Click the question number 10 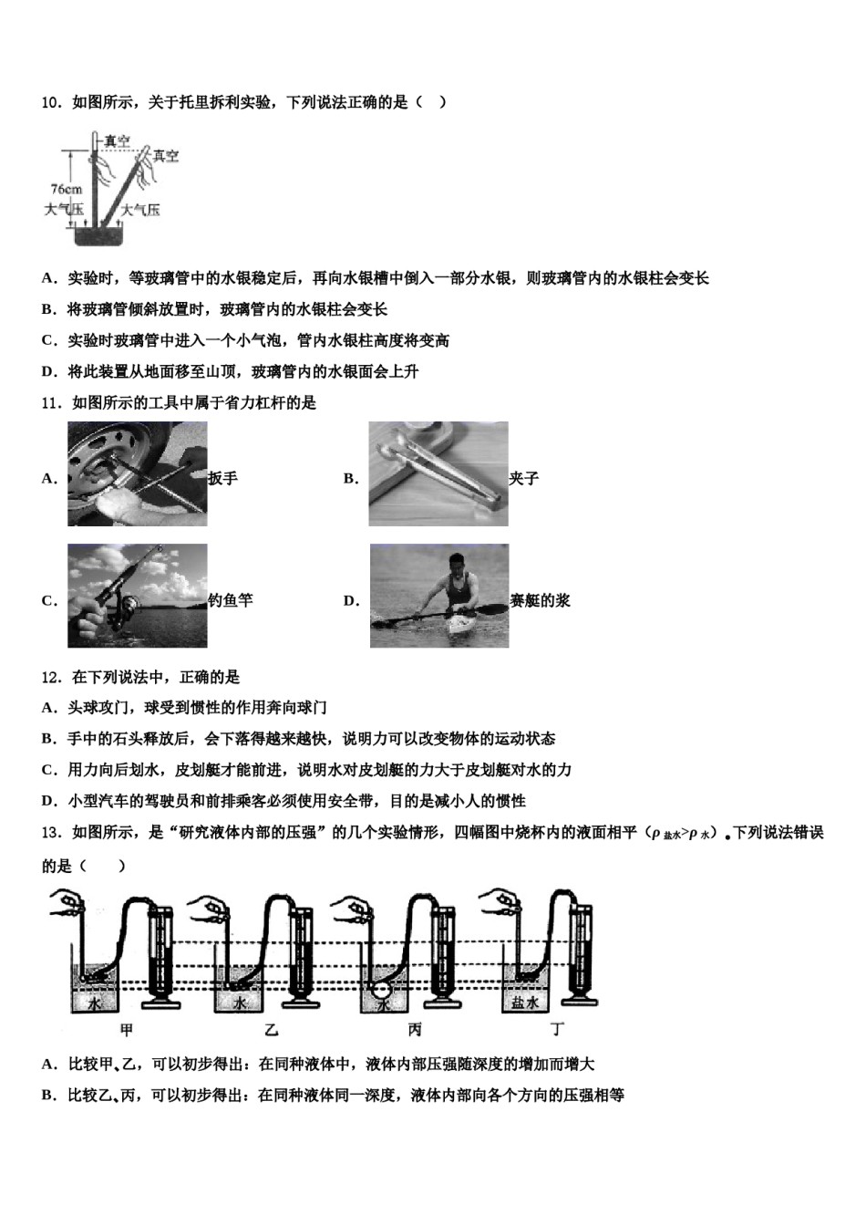pyautogui.click(x=51, y=102)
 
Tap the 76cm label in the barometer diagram pyautogui.click(x=66, y=190)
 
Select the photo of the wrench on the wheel pyautogui.click(x=137, y=474)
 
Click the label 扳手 pyautogui.click(x=223, y=478)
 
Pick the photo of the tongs pyautogui.click(x=438, y=473)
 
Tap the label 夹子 pyautogui.click(x=524, y=478)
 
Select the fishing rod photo pyautogui.click(x=137, y=596)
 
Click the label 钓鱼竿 pyautogui.click(x=231, y=600)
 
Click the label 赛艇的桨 pyautogui.click(x=540, y=600)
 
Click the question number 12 pyautogui.click(x=51, y=677)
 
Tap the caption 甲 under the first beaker pyautogui.click(x=128, y=1030)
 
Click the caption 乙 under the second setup pyautogui.click(x=271, y=1030)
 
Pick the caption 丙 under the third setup pyautogui.click(x=415, y=1030)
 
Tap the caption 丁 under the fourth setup pyautogui.click(x=558, y=1030)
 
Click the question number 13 pyautogui.click(x=51, y=832)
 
